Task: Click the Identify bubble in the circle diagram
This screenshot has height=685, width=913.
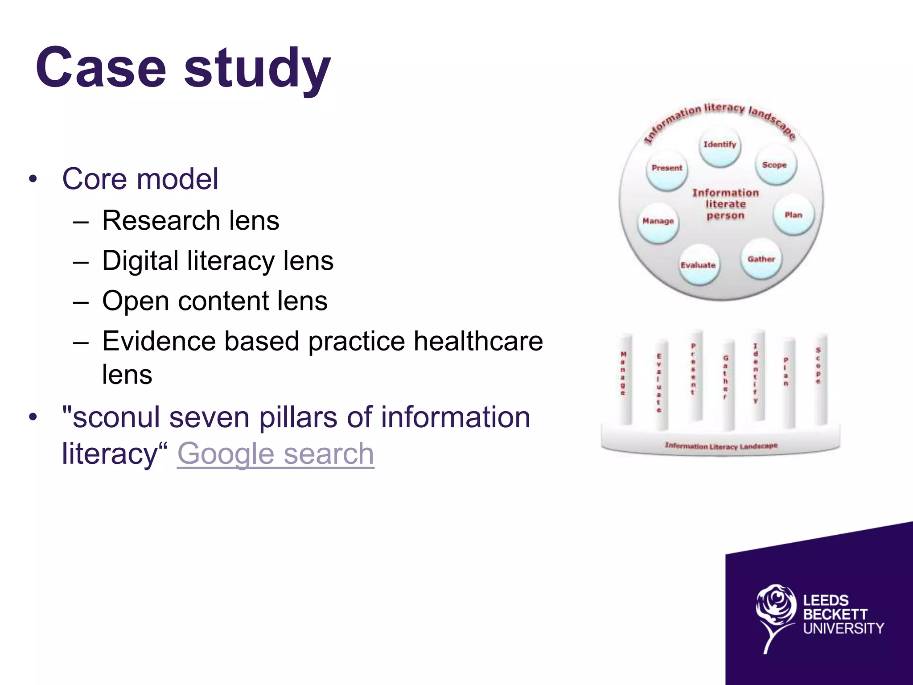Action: click(x=720, y=146)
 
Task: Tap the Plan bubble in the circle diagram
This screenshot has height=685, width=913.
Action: click(x=793, y=216)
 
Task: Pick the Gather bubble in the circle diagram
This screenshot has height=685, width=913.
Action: click(x=761, y=260)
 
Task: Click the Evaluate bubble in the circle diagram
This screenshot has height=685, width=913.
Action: click(x=699, y=266)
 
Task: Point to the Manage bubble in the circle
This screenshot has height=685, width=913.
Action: click(x=658, y=222)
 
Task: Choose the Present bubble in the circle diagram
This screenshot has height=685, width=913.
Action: click(x=667, y=169)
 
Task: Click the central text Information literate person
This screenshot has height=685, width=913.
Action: click(x=725, y=204)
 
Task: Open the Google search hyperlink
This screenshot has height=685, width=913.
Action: click(x=276, y=454)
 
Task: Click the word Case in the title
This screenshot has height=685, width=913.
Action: click(x=101, y=68)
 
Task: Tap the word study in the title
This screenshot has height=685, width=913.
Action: click(x=257, y=68)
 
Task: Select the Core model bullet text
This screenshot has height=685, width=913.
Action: click(x=140, y=179)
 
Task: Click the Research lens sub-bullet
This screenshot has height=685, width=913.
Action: click(x=190, y=220)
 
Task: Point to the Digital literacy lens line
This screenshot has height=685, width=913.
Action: click(x=218, y=260)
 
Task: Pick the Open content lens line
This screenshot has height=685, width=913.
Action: click(x=214, y=301)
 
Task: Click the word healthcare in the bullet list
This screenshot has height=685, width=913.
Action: click(x=478, y=341)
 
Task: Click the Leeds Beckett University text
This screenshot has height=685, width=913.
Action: click(x=843, y=615)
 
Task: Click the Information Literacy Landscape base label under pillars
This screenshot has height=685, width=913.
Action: click(x=721, y=446)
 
